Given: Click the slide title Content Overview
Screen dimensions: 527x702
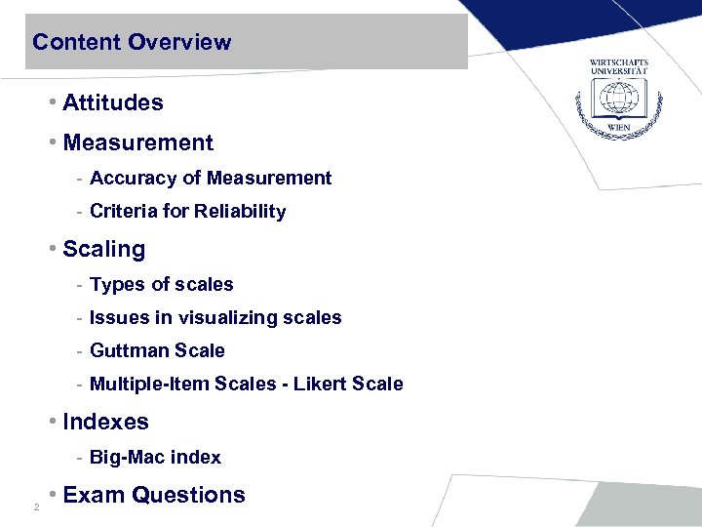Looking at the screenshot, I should pos(132,43).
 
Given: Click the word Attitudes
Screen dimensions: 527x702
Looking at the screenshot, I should pos(113,102).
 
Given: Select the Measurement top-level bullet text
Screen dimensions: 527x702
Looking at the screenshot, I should pos(137,142).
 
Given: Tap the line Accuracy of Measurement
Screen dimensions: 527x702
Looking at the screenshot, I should pos(211,178).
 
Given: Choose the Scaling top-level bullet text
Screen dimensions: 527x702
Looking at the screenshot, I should pos(103,249).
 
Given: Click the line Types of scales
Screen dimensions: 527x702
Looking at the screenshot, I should pos(161,285).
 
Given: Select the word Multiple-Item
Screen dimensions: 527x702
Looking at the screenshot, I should pos(143,384).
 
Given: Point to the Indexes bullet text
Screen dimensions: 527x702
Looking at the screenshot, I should pos(105,422).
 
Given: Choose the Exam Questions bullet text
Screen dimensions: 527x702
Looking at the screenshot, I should pos(154,495).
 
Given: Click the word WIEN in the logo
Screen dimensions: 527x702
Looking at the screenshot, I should pos(618,128).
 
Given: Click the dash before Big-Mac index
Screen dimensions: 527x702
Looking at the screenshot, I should pos(78,457).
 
